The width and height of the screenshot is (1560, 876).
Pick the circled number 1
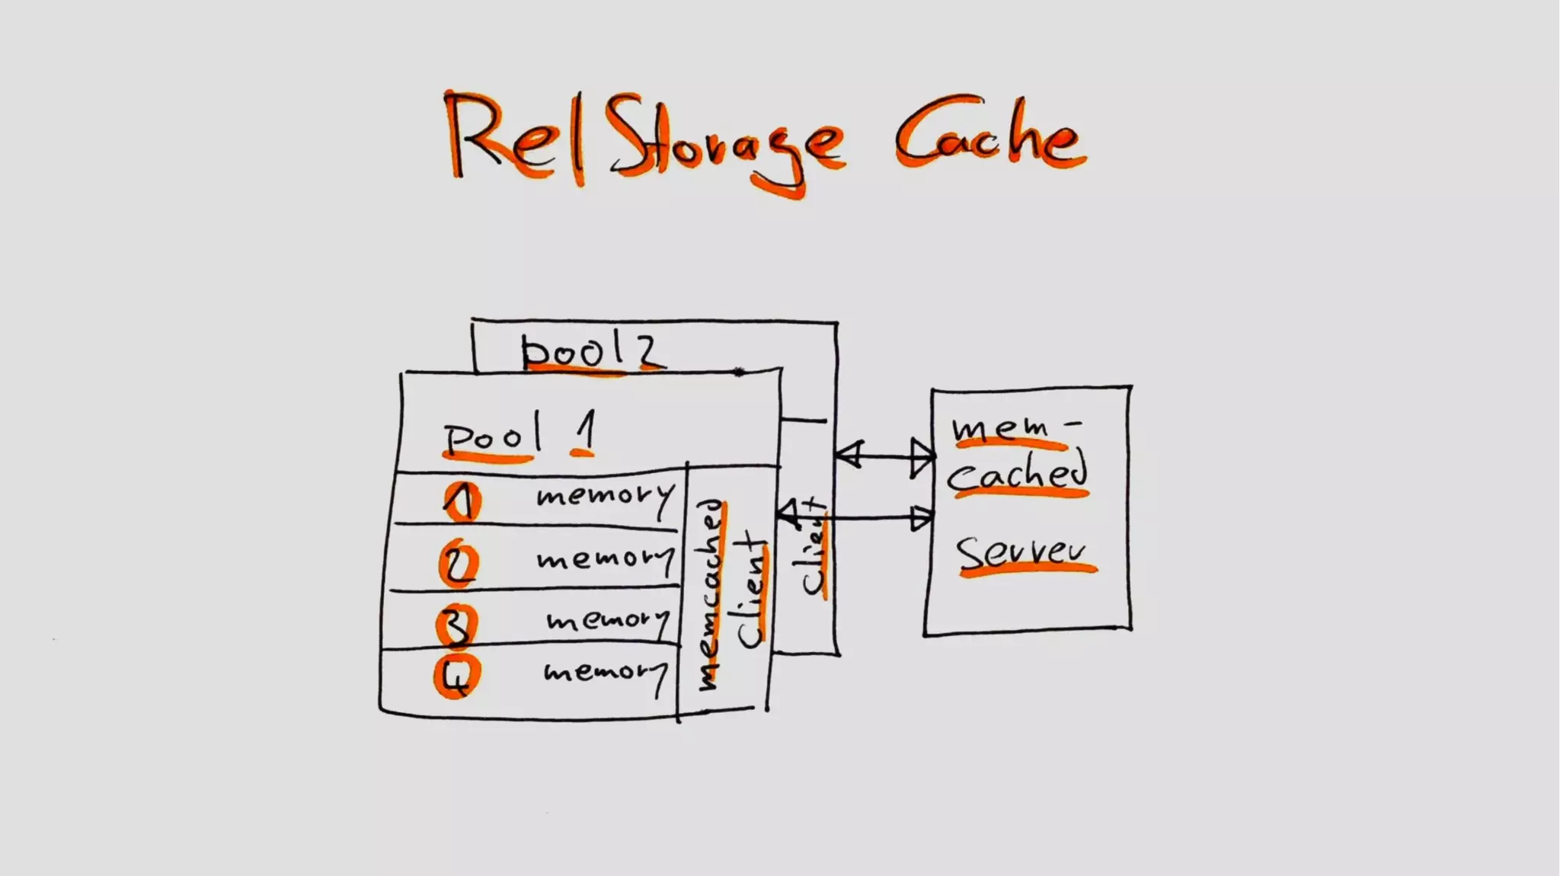[462, 501]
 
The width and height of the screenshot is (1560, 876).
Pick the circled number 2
[459, 564]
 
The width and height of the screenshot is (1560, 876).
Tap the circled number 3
[456, 624]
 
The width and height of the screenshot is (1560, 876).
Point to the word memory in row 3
[608, 620]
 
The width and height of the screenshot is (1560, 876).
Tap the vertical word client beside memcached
[751, 591]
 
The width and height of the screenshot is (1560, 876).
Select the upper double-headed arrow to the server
[884, 456]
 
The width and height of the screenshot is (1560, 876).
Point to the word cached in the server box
[1018, 474]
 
